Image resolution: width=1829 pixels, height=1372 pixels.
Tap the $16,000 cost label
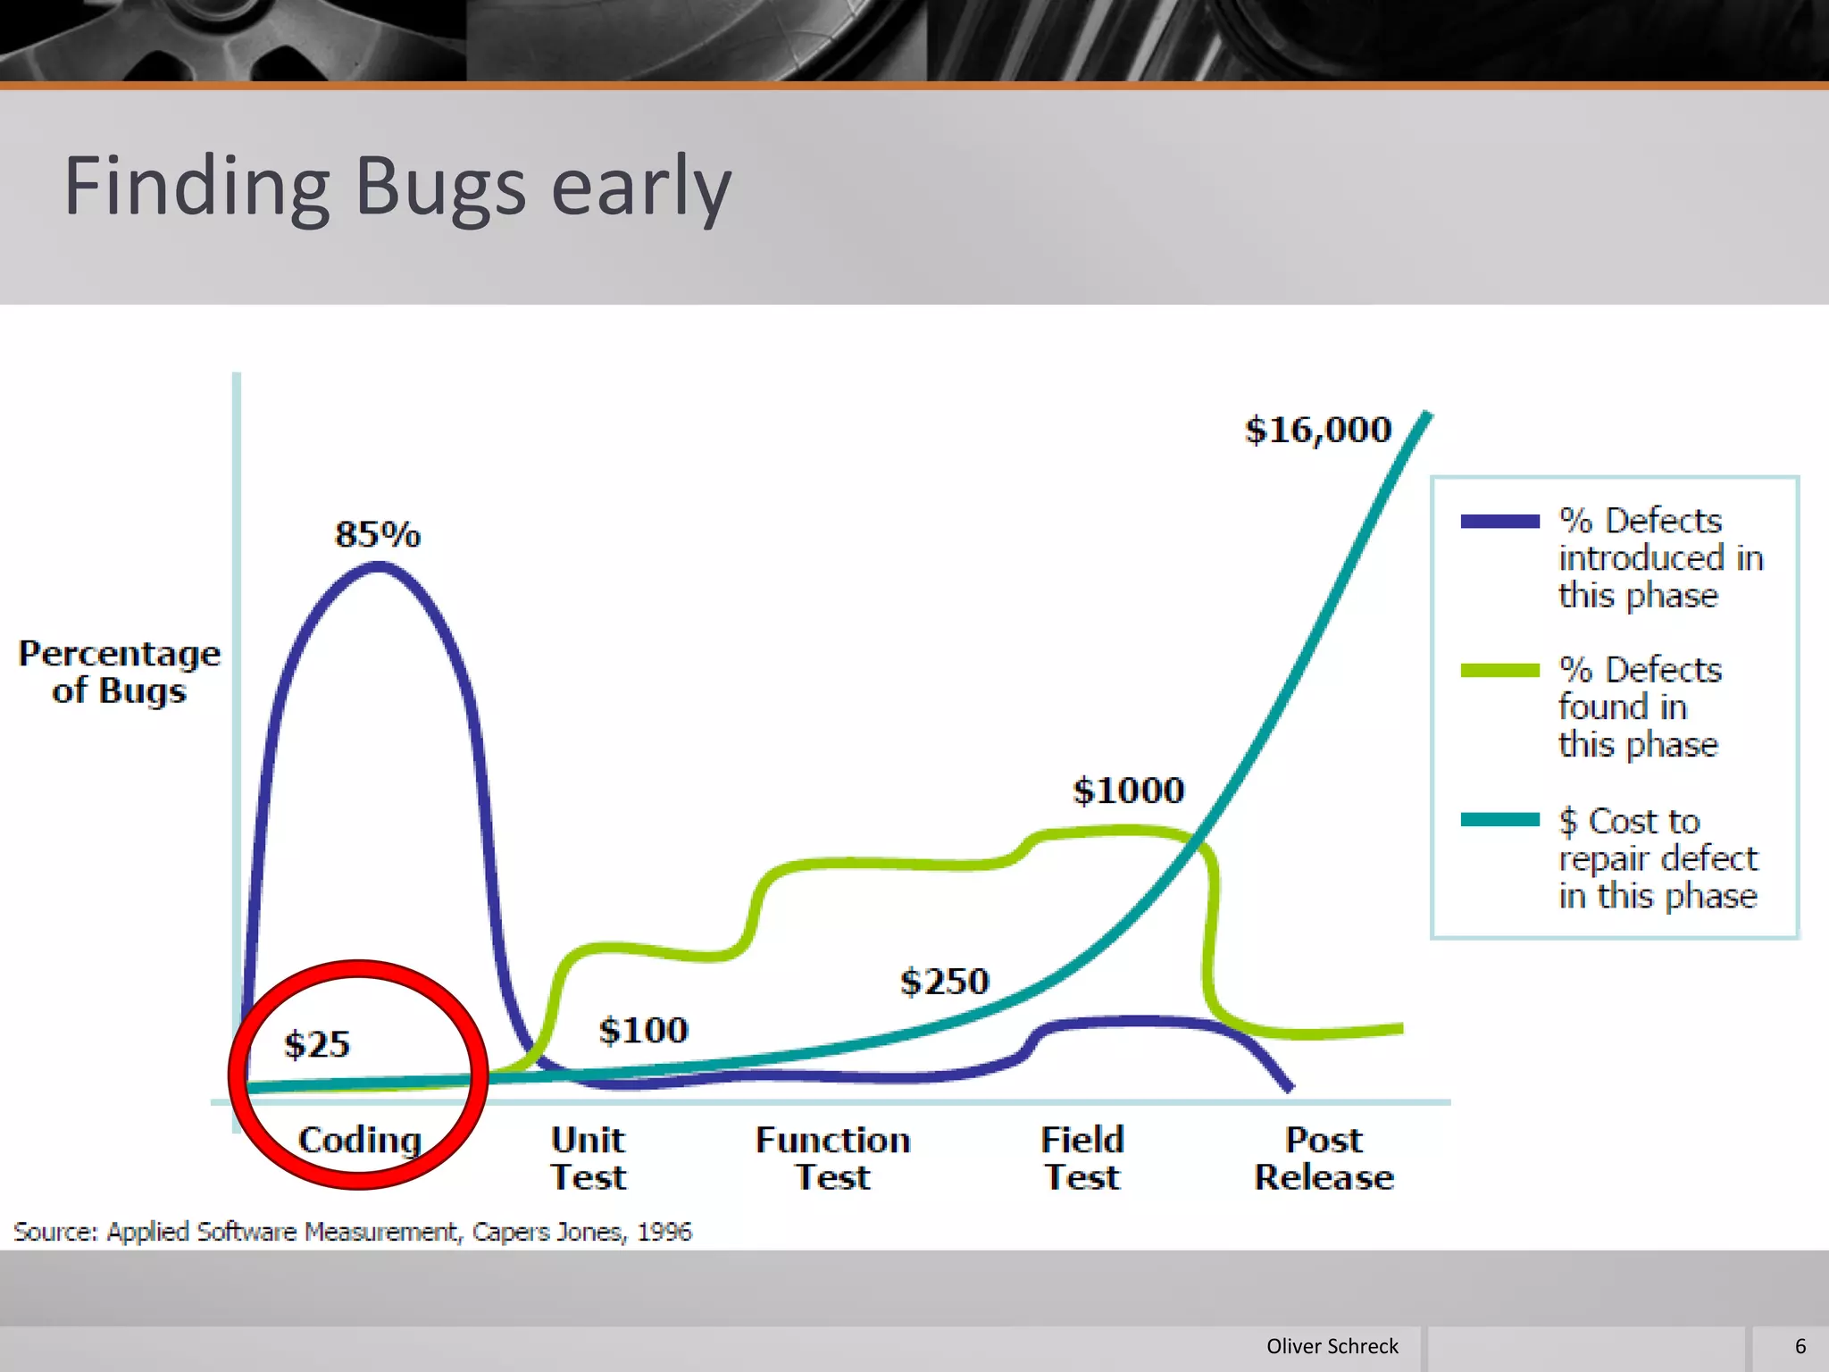pos(1318,430)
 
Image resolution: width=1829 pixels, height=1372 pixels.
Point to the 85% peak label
pos(378,534)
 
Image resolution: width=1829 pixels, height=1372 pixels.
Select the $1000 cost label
pos(1129,790)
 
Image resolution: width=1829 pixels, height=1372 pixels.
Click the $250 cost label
pos(945,981)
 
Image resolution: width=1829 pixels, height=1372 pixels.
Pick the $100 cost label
pos(643,1030)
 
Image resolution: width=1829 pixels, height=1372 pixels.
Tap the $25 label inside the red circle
pos(317,1043)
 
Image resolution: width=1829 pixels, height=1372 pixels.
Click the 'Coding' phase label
pos(360,1140)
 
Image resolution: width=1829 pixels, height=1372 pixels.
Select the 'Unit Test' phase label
pos(588,1158)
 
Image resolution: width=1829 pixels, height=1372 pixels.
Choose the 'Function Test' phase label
pos(832,1158)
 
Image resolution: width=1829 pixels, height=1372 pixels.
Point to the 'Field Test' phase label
pos(1082,1158)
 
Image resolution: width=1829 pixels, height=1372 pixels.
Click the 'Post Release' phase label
pos(1324,1158)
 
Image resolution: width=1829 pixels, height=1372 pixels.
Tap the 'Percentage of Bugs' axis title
pos(120,672)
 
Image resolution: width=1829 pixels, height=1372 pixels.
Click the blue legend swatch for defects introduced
pos(1499,522)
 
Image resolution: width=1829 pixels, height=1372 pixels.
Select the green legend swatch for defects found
pos(1499,671)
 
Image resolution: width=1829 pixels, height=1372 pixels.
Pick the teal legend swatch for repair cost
pos(1499,820)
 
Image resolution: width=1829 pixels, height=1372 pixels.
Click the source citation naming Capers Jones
pos(353,1231)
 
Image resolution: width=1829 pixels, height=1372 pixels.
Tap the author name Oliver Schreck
pos(1332,1346)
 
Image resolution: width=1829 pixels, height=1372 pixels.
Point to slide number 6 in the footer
pos(1800,1346)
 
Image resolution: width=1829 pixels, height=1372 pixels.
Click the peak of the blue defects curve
pos(379,565)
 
